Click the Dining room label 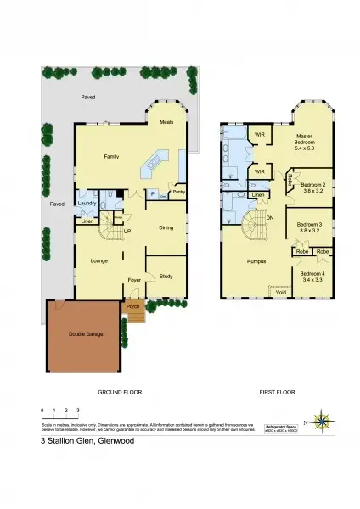point(166,227)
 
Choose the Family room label point(111,157)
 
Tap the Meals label point(167,123)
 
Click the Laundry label point(86,204)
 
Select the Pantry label point(178,192)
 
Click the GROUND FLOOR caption point(120,393)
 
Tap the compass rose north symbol point(322,421)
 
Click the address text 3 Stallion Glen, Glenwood point(87,441)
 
